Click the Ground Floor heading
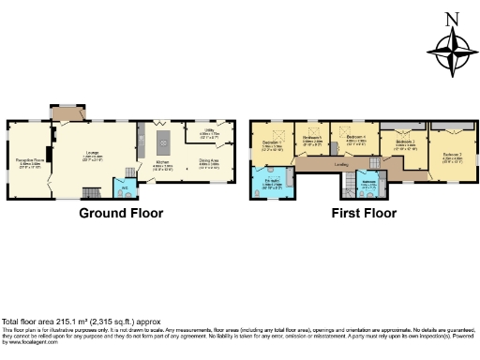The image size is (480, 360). coord(120,213)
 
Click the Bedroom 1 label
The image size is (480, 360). coord(272,144)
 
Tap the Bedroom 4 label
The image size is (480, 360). coord(355,142)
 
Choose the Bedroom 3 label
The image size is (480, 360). coord(405,146)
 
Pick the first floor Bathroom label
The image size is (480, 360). coord(368,183)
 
